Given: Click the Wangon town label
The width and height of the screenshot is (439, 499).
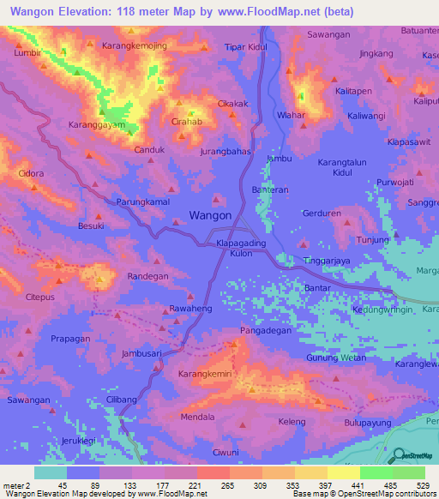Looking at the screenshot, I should [x=210, y=215].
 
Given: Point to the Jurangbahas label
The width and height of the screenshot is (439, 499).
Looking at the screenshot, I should [x=226, y=151].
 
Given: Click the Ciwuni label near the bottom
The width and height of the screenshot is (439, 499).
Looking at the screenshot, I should [x=226, y=452].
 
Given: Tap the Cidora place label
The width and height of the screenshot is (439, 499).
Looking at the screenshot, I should [x=31, y=173].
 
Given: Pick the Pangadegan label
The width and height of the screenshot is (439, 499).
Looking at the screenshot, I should [x=266, y=330].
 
